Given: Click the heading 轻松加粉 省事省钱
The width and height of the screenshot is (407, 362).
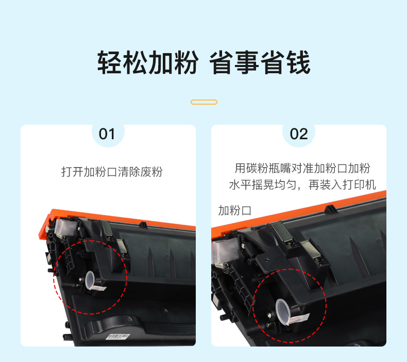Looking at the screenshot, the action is coord(204,62).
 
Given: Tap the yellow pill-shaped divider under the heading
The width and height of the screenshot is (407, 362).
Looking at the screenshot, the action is coord(204,102).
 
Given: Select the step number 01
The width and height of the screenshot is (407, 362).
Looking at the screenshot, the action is coord(107,134).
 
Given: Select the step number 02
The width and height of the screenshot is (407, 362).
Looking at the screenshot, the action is coord(299,134).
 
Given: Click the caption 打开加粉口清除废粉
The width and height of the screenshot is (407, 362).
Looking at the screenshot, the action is coord(112,172).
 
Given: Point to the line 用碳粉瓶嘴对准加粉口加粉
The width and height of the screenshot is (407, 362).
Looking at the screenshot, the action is coord(302,168).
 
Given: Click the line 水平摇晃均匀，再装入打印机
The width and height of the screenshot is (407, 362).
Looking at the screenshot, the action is coord(302,185).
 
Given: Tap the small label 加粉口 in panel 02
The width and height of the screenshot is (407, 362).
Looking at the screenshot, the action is coord(234,210).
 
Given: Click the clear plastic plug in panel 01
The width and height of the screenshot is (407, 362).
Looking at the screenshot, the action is coord(90,281).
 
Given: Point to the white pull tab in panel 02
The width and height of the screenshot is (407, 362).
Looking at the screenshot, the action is coord(298,319).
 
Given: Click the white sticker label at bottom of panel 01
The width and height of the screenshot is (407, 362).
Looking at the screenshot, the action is coord(118,337).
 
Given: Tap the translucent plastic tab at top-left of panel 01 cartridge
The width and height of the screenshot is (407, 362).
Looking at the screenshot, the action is coord(62,227).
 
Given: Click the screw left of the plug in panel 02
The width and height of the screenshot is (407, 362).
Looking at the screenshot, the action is coord(269,316).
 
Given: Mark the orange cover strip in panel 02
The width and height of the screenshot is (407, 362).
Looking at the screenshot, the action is coord(298,210).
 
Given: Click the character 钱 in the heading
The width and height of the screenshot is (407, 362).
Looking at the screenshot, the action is coord(298,62).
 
